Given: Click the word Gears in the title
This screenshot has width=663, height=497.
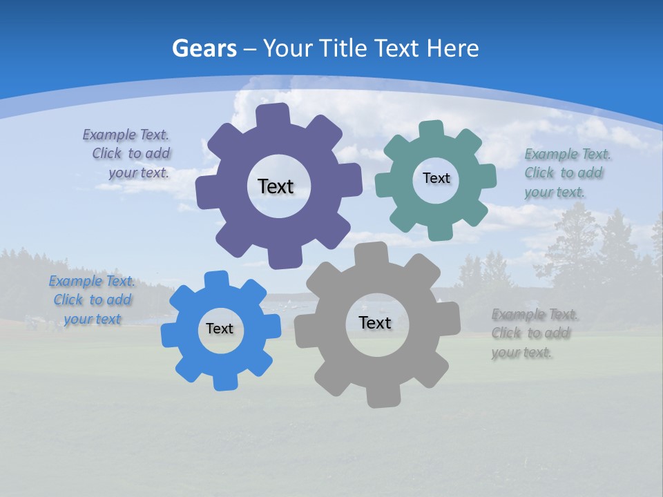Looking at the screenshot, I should tap(204, 48).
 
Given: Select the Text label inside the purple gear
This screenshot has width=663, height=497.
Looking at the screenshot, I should tap(276, 186).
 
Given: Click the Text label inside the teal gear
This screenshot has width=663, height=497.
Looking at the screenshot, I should tap(436, 178).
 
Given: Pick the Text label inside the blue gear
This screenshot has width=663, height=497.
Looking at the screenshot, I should tap(220, 329).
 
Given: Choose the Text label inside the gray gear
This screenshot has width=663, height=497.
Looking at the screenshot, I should tap(375, 322).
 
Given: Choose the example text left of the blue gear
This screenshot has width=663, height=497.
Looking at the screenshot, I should tap(93, 300).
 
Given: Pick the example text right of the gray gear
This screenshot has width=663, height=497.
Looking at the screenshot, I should tap(534, 333).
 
